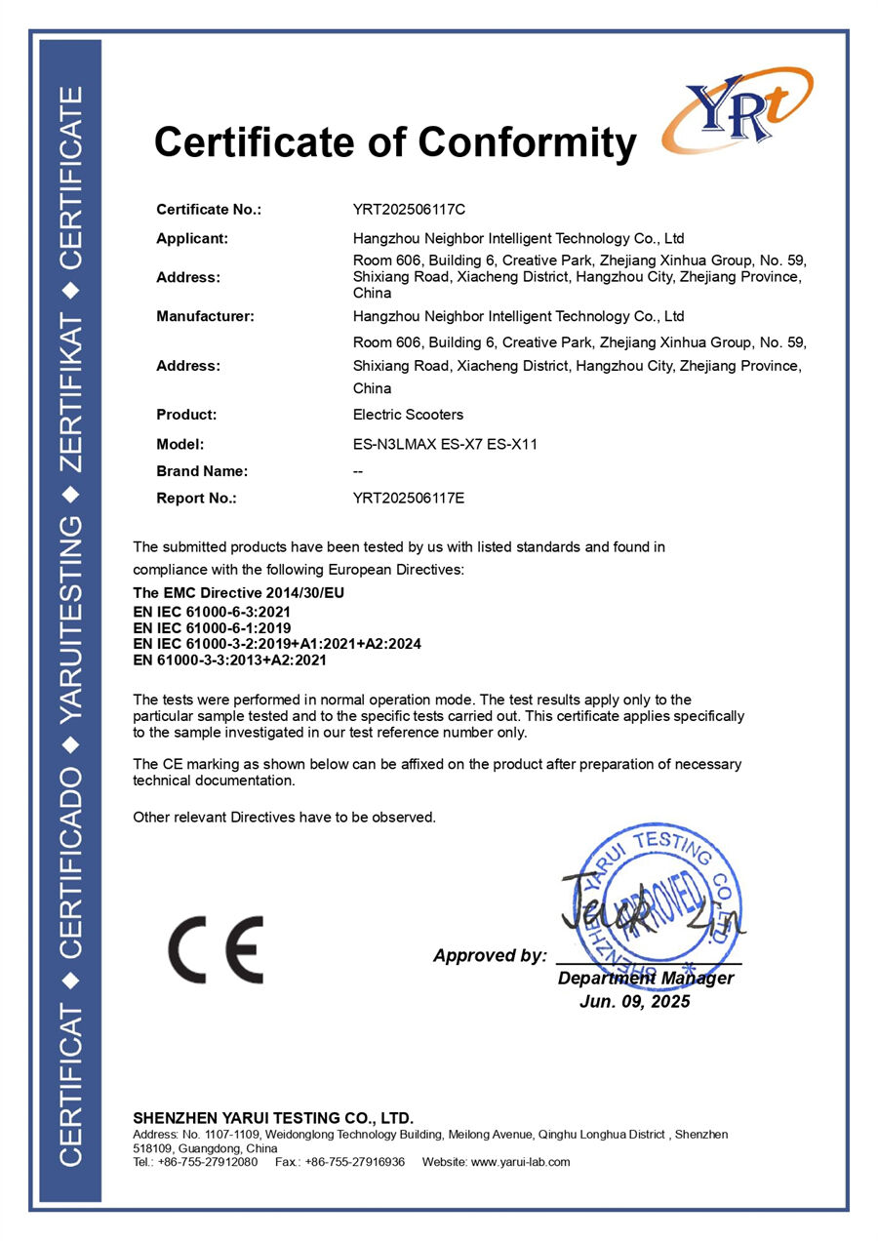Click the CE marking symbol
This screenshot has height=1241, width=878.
pyautogui.click(x=216, y=949)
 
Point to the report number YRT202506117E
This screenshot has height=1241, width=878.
pyautogui.click(x=409, y=498)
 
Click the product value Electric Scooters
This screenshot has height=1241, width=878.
pyautogui.click(x=408, y=415)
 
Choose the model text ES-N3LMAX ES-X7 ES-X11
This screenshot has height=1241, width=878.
pyautogui.click(x=445, y=444)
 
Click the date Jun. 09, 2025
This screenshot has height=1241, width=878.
pyautogui.click(x=634, y=1002)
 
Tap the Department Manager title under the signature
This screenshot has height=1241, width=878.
pyautogui.click(x=646, y=979)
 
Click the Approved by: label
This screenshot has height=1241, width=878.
pyautogui.click(x=490, y=956)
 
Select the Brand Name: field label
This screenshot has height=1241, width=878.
pyautogui.click(x=202, y=471)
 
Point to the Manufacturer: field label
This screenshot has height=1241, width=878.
pyautogui.click(x=205, y=316)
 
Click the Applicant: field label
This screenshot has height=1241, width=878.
pyautogui.click(x=192, y=238)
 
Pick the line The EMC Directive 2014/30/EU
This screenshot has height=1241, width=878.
pyautogui.click(x=239, y=593)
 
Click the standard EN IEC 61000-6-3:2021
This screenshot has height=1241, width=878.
pyautogui.click(x=212, y=612)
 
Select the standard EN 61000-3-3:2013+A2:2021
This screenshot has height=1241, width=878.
pyautogui.click(x=229, y=661)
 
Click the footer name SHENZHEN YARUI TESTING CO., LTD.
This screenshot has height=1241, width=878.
pyautogui.click(x=273, y=1118)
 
